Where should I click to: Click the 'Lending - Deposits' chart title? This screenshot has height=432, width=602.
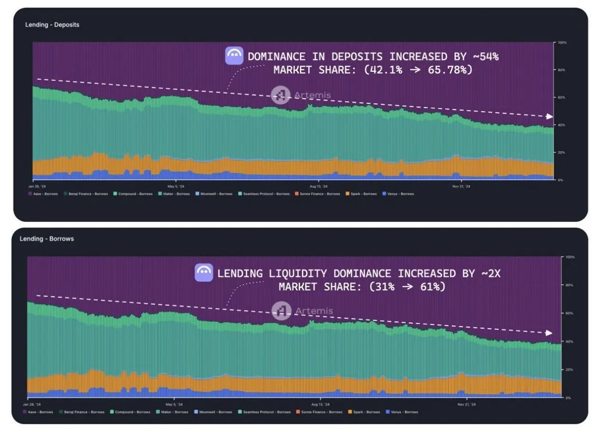click(x=52, y=25)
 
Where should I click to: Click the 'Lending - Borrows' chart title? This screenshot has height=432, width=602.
click(x=47, y=239)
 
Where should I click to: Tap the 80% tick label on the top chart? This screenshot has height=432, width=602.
click(x=562, y=70)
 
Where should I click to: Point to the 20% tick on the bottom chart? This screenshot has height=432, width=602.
click(x=568, y=370)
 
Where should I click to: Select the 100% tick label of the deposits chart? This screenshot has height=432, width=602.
click(x=563, y=43)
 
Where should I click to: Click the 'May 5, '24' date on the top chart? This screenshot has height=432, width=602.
click(x=176, y=186)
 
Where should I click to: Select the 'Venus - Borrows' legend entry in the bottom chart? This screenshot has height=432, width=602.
click(x=402, y=412)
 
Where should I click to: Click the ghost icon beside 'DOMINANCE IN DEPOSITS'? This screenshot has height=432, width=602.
click(x=234, y=56)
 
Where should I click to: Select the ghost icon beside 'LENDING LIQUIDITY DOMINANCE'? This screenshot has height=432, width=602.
click(x=204, y=273)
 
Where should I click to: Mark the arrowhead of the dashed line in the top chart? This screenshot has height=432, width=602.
click(x=550, y=117)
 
